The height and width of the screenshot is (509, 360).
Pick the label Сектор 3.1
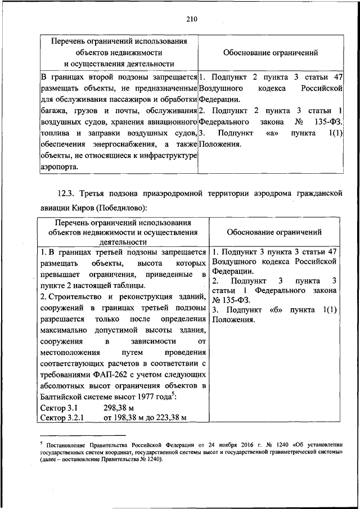59,407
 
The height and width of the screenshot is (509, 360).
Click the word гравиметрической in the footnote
270,452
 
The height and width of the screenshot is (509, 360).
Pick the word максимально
65,331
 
